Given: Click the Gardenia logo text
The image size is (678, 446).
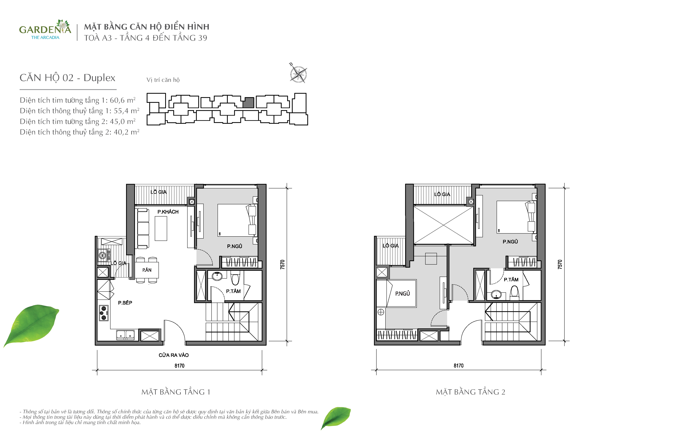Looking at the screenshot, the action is pos(45,30).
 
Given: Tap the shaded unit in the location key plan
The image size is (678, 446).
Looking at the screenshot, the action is pos(248,102).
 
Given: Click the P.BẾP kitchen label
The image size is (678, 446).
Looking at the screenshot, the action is pos(125,303).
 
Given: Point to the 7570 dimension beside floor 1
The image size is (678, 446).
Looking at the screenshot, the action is pos(282,264).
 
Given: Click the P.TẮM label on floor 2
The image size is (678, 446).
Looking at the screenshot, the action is pos(511,280).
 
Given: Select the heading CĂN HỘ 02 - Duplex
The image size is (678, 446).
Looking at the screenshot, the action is pos(67,78).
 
